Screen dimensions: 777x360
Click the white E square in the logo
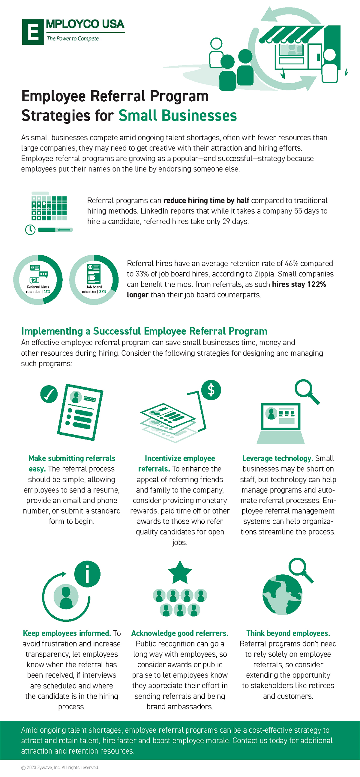click(33, 32)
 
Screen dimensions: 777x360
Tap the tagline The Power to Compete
click(73, 39)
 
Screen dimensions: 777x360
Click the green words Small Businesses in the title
click(177, 115)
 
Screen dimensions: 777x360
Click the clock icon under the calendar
click(30, 230)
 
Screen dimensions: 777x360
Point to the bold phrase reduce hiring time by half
click(206, 201)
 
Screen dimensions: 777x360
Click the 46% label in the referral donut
click(47, 292)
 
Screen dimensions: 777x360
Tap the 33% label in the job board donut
click(103, 292)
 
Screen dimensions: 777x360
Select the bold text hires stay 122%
click(299, 284)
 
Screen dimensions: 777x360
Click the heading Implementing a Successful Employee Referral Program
click(144, 331)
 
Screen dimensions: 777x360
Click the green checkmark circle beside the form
click(49, 394)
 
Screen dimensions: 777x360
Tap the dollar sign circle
click(211, 390)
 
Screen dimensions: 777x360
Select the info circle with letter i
click(87, 574)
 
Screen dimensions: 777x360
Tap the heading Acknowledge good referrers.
click(180, 633)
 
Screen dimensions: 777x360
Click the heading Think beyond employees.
click(288, 633)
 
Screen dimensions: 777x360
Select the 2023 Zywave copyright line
click(60, 767)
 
